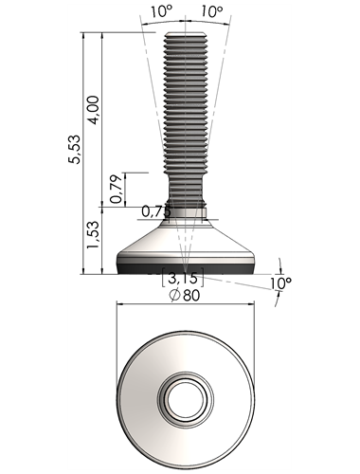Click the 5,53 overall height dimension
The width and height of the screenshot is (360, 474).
[75, 149]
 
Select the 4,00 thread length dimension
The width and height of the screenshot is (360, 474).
[94, 110]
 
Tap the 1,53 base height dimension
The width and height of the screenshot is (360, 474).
[93, 234]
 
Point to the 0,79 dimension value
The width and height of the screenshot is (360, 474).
[116, 189]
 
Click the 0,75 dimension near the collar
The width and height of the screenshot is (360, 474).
[156, 211]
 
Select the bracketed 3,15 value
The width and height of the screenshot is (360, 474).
[183, 278]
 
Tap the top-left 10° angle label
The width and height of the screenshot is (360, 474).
[161, 11]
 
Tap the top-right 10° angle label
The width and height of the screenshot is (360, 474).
[211, 11]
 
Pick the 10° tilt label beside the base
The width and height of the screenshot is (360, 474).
[281, 283]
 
